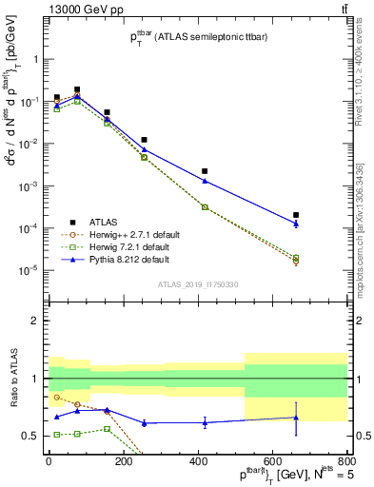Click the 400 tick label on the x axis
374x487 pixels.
[197, 460]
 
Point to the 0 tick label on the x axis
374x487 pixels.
[49, 460]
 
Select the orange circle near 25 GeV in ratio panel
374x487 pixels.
[57, 397]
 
